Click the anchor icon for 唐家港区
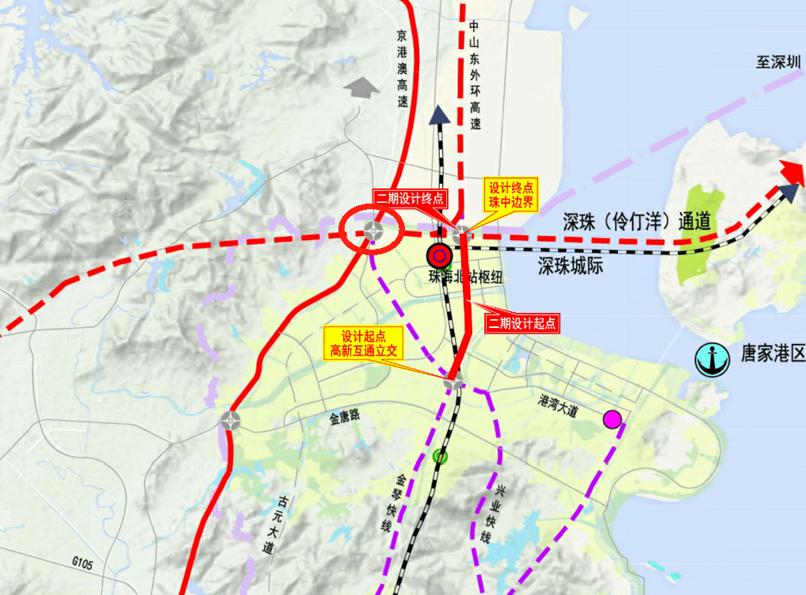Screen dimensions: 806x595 point(712,360)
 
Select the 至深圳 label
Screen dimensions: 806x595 point(779,63)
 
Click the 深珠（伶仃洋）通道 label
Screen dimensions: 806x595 point(637,222)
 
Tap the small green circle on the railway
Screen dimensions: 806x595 point(440,456)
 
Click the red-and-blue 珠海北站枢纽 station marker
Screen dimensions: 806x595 point(439,256)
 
